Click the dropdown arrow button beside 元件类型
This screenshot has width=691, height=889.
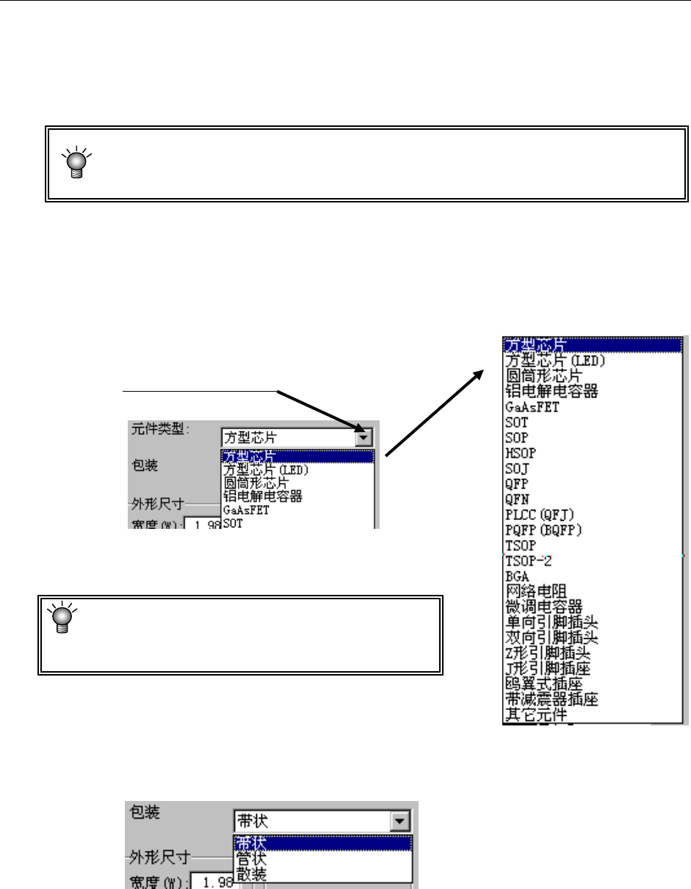[363, 437]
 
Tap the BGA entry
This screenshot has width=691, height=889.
[515, 577]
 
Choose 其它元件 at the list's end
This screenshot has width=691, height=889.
[535, 714]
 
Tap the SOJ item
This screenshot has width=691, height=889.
[516, 469]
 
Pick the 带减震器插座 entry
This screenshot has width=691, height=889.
[551, 699]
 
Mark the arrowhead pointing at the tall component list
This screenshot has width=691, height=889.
[480, 373]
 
